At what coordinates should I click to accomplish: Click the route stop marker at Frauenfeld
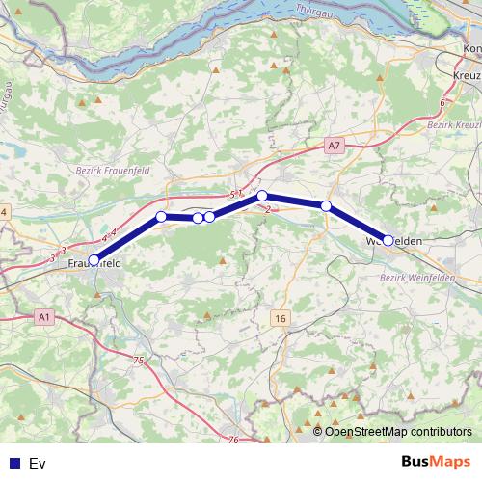coord(94,259)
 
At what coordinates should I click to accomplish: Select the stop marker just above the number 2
coord(262,196)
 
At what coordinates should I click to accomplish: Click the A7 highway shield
coord(334,146)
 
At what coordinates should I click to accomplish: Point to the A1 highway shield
coord(44,315)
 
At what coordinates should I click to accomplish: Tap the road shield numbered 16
coord(280,318)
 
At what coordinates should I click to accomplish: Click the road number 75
coord(138,360)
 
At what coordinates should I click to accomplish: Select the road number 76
coord(234,440)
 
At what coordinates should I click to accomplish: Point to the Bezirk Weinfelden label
coord(417,278)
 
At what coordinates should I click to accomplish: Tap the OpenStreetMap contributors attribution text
coord(398,432)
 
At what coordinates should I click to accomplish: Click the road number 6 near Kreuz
coord(442,102)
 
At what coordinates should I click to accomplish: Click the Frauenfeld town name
coord(94,261)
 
